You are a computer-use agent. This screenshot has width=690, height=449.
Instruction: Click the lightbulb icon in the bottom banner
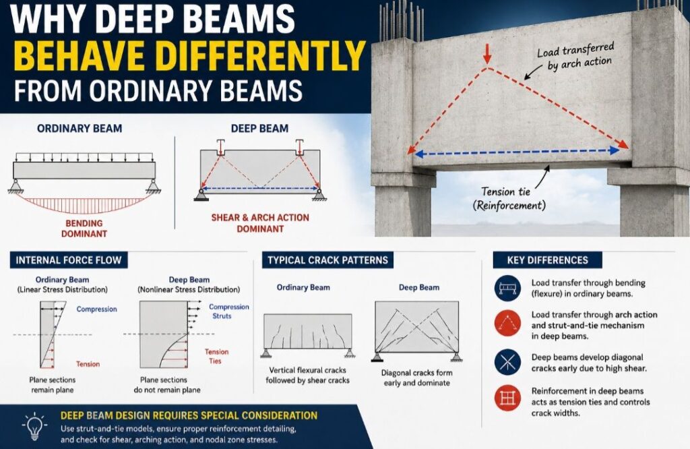coord(34,426)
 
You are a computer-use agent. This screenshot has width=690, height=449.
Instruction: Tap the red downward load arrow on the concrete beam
coord(487,54)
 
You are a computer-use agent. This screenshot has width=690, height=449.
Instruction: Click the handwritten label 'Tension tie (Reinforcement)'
coord(509,198)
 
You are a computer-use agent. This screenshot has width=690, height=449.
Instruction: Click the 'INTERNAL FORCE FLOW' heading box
coord(69,260)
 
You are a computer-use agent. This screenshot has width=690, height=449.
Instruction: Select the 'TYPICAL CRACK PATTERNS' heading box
coord(328,260)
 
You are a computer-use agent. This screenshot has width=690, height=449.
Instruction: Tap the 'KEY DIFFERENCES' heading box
coord(547,260)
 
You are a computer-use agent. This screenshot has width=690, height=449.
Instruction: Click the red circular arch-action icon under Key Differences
coord(507,324)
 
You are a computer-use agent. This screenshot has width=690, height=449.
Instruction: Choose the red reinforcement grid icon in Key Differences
coord(507,398)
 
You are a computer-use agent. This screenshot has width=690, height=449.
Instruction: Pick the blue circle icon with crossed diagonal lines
coord(507,362)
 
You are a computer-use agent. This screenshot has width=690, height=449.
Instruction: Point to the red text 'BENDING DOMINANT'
coord(84,229)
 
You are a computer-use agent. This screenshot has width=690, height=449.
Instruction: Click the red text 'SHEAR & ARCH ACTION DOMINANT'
coord(260,223)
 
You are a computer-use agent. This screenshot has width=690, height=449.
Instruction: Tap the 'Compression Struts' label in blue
coord(228,311)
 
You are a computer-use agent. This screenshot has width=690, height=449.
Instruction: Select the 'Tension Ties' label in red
coord(216,356)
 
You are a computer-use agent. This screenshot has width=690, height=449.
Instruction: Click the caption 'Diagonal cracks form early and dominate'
coord(416,378)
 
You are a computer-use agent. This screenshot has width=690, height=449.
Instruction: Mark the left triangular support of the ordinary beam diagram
coord(16,186)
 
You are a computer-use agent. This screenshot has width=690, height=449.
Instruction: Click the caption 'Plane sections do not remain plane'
coord(167,385)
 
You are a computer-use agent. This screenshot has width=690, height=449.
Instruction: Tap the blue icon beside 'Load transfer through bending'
coord(507,289)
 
